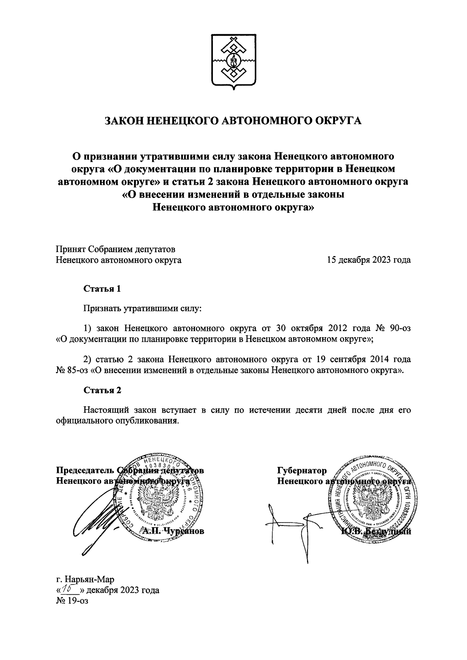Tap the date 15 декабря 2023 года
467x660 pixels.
point(369,260)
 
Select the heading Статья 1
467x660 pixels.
point(102,289)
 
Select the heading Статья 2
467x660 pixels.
point(102,390)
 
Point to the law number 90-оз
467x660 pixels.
point(397,328)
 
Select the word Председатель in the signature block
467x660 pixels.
point(84,471)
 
